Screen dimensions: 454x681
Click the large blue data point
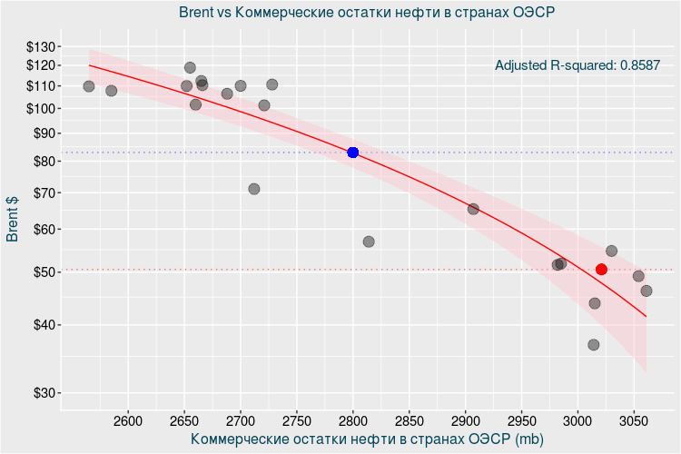[353, 153]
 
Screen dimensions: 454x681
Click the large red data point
[601, 270]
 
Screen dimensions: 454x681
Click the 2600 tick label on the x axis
[128, 420]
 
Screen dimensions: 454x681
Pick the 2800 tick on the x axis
[353, 420]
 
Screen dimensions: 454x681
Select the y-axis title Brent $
[13, 219]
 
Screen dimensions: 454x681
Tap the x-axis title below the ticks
[367, 439]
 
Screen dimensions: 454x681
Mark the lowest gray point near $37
[594, 345]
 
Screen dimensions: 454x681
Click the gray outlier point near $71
[254, 189]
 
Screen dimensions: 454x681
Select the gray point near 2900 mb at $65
[473, 209]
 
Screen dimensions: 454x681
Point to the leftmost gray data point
[89, 86]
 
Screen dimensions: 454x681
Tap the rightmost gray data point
[646, 291]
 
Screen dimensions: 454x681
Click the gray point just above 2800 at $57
[369, 242]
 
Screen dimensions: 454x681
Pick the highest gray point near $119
[190, 67]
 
